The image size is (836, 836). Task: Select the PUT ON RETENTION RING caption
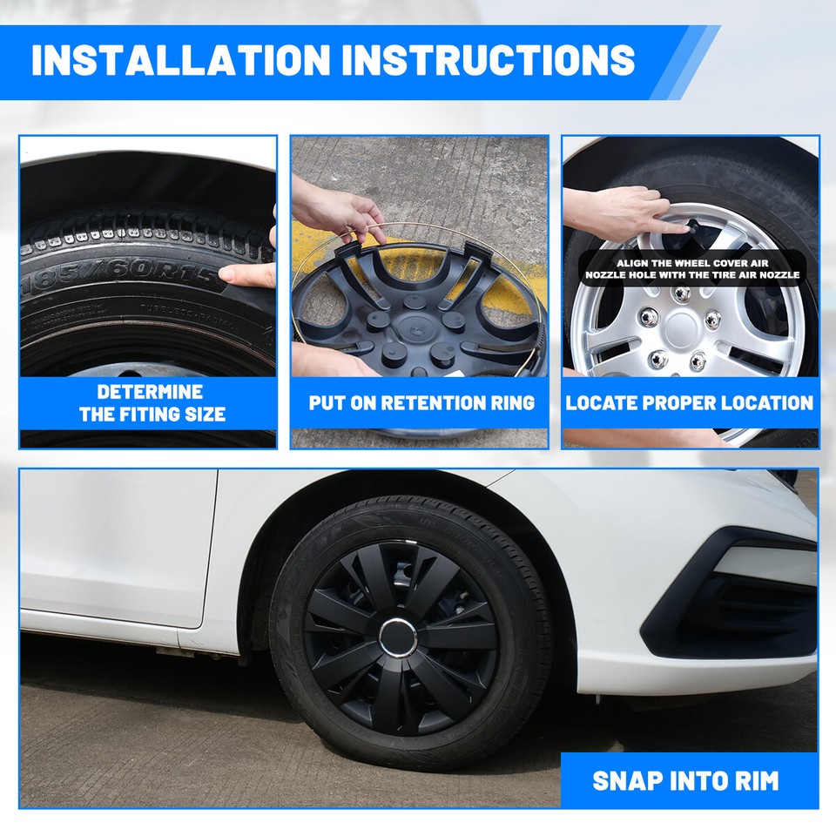(421, 403)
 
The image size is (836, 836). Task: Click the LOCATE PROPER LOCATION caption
(689, 403)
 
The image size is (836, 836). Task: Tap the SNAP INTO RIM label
(687, 780)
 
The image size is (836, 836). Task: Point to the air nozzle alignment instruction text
(692, 268)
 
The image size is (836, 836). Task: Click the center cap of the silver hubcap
(682, 330)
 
